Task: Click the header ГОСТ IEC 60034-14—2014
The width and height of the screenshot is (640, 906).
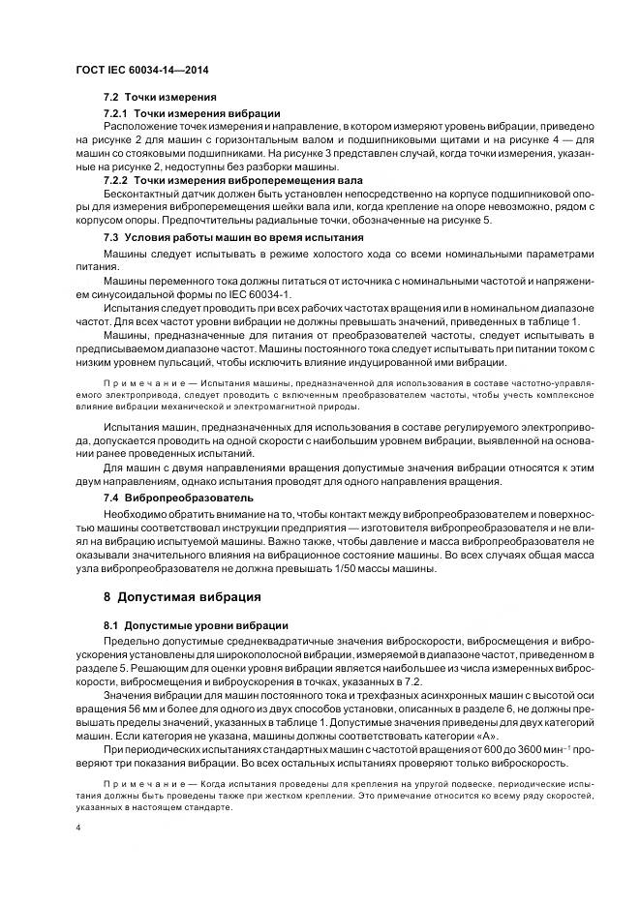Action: coord(142,72)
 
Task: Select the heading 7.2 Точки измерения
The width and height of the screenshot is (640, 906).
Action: coord(160,99)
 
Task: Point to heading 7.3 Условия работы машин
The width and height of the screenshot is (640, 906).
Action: coord(233,237)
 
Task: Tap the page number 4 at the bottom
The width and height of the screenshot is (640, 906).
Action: coord(78,829)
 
